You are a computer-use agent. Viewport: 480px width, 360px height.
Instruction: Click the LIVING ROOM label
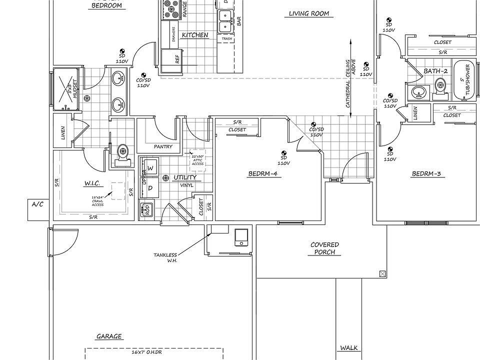pos(309,13)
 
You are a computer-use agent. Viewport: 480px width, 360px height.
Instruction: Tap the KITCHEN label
pos(194,35)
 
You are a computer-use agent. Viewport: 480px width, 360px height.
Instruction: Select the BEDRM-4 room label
pos(262,174)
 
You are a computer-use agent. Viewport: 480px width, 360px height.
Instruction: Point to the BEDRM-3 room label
pos(426,174)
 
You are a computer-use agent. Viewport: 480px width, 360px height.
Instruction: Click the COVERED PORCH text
pos(324,248)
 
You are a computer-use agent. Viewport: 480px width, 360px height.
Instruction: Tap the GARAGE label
pos(109,336)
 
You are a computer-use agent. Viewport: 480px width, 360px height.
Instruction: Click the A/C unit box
pos(38,210)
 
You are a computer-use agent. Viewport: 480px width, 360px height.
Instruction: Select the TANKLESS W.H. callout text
pos(165,258)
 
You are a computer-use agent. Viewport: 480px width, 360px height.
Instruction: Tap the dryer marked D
pos(150,188)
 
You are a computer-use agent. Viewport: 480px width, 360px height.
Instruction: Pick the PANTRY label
pos(163,147)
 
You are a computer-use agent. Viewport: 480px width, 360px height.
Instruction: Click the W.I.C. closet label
pos(93,184)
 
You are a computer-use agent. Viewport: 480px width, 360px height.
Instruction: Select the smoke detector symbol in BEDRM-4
pos(283,153)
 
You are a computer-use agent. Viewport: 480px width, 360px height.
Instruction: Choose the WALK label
pos(348,347)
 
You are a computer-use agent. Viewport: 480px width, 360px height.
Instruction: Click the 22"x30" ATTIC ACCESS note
pos(198,160)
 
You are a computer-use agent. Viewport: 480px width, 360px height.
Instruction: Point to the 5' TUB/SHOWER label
pos(466,80)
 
